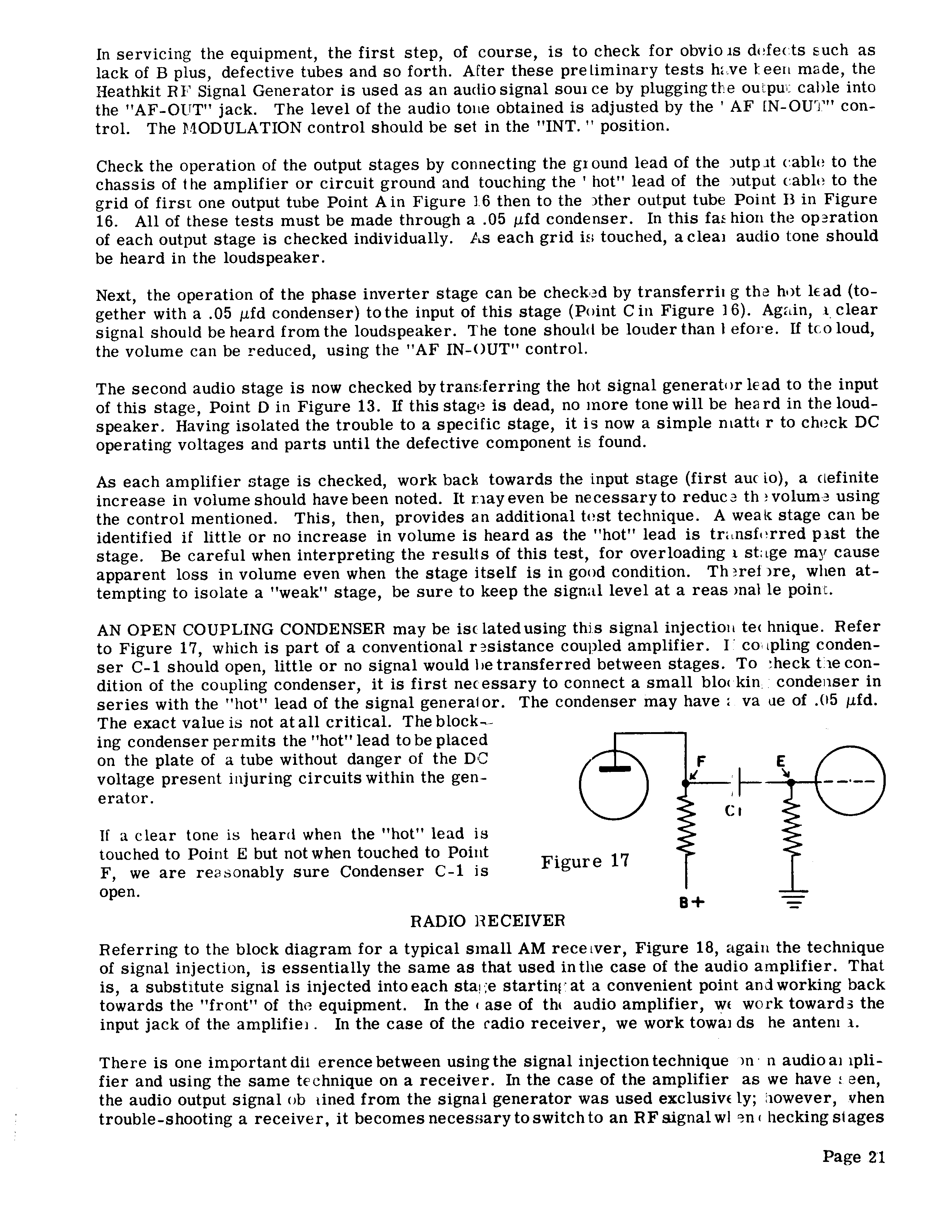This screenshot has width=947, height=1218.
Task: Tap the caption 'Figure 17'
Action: click(585, 862)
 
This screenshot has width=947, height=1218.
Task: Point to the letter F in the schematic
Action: click(701, 761)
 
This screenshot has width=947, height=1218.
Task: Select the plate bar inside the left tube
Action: click(614, 770)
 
